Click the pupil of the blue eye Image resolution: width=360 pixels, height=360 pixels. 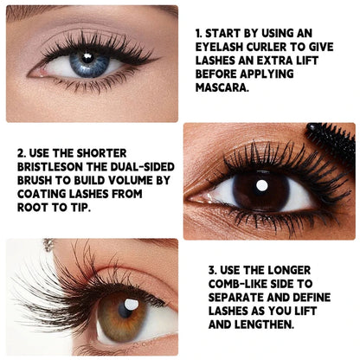coord(85,61)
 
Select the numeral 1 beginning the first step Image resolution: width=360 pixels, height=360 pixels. coord(197,33)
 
